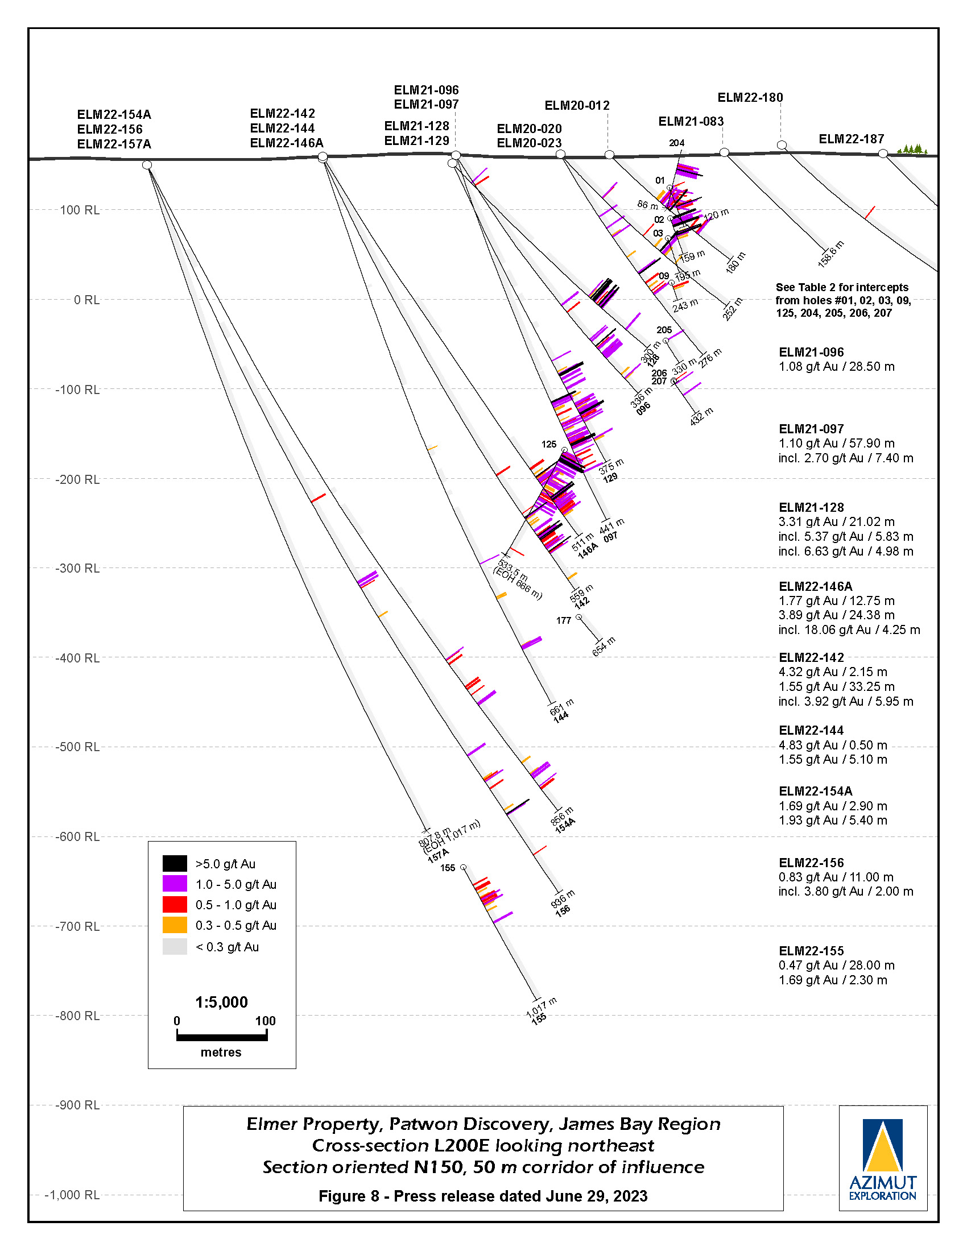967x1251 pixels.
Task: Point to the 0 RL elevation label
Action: [x=86, y=300]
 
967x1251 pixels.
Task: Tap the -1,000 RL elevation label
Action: [x=72, y=1195]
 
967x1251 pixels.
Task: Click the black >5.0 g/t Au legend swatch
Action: [x=175, y=864]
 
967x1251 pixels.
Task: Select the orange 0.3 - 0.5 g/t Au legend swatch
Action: [x=175, y=925]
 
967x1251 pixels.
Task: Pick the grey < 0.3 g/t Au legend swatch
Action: [x=175, y=947]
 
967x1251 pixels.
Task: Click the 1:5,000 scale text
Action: [x=221, y=1002]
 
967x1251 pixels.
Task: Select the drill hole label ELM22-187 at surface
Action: [x=851, y=139]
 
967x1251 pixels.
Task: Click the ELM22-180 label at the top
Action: [x=750, y=98]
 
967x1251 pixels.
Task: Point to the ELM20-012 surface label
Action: [x=577, y=106]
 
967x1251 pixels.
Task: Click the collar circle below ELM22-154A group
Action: [x=147, y=165]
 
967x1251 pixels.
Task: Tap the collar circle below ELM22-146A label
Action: [x=323, y=157]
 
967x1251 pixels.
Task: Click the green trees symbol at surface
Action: [x=912, y=150]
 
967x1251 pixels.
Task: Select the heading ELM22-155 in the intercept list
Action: [x=811, y=951]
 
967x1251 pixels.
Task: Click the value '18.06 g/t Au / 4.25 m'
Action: [x=849, y=630]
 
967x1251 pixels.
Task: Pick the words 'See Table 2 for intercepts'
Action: [x=842, y=288]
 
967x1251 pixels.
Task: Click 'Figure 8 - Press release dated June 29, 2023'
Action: [x=483, y=1196]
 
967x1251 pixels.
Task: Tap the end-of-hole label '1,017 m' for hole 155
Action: [x=542, y=1006]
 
